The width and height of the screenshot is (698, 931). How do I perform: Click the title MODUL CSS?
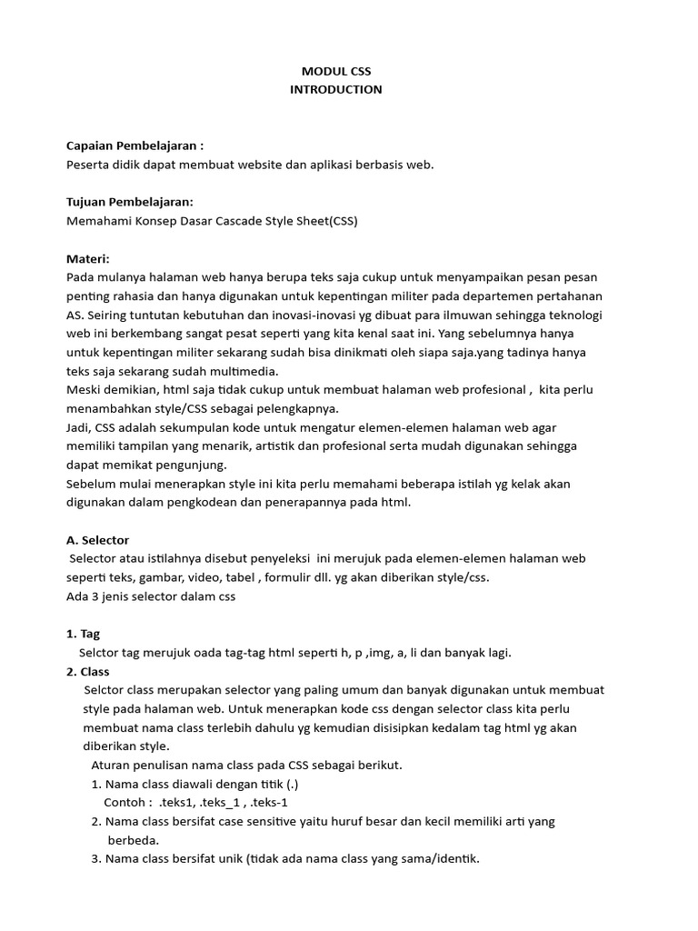(335, 70)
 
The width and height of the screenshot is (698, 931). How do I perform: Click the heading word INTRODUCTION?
(335, 89)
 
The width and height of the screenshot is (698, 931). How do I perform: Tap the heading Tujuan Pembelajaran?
(131, 202)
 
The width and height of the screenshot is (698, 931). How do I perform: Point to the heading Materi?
(88, 258)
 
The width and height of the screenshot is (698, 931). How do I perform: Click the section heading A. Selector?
(98, 540)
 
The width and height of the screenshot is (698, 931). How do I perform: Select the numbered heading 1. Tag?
(84, 634)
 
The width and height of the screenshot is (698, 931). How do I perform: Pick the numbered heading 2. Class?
(88, 671)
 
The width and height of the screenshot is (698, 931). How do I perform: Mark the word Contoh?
(127, 802)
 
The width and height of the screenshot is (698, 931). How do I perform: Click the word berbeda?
(134, 840)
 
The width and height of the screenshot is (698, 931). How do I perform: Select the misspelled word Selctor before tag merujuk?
(101, 652)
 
